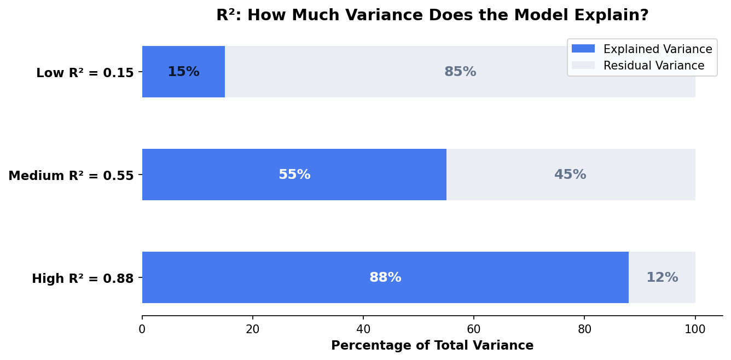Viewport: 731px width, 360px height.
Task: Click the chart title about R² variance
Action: coord(432,15)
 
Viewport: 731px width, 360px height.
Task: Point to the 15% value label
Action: coord(183,72)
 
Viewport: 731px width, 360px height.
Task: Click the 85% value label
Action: coord(460,72)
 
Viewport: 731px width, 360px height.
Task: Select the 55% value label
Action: coord(294,175)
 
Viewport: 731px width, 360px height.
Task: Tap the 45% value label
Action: coord(570,175)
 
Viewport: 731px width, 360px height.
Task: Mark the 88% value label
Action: coord(385,278)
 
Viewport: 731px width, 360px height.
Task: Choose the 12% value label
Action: coord(662,278)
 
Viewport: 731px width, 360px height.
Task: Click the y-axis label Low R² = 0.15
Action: coord(85,73)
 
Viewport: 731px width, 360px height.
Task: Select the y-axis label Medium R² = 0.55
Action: coord(71,176)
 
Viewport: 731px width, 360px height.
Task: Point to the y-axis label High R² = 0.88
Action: coord(83,278)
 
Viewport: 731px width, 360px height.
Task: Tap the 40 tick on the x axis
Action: coord(363,329)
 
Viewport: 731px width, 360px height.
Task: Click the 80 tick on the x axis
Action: coord(584,329)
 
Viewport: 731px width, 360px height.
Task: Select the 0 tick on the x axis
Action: coord(142,329)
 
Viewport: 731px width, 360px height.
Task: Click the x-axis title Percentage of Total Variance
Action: coord(432,346)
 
